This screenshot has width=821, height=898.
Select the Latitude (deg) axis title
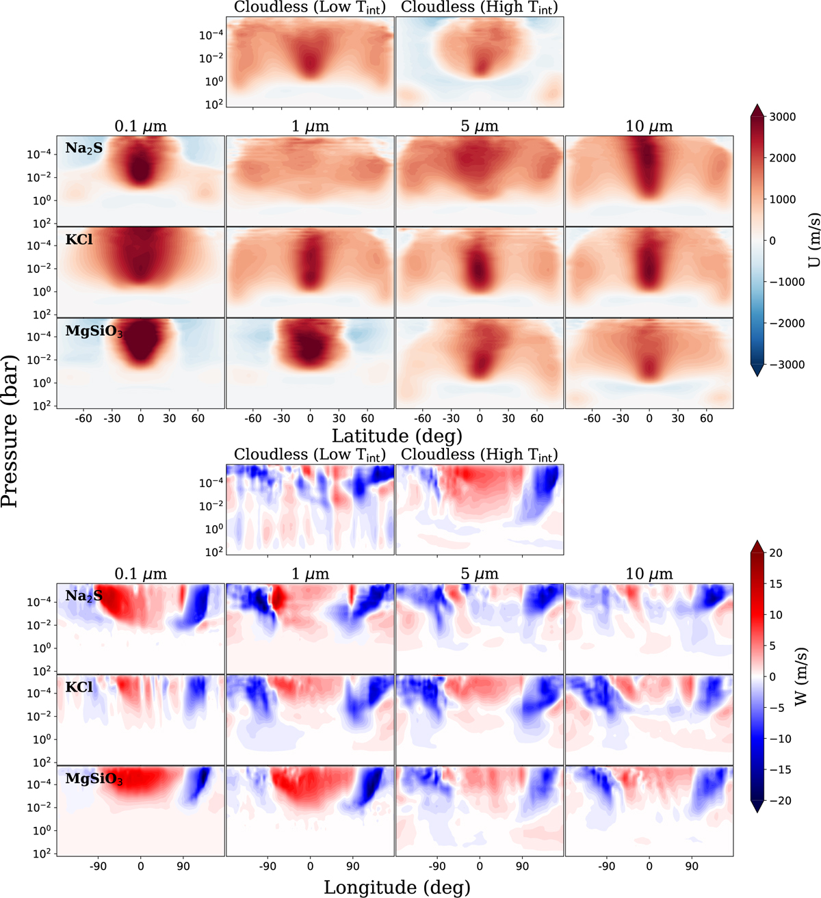point(397,435)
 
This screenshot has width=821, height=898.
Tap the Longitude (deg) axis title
point(397,887)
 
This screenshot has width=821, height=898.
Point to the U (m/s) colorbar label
point(813,240)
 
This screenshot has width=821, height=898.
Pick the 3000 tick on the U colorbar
point(782,117)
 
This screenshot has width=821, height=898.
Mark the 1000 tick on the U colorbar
point(782,200)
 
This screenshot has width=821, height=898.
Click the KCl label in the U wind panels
point(79,240)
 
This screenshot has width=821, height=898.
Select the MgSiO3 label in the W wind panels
point(94,779)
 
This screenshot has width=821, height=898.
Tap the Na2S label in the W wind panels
point(83,596)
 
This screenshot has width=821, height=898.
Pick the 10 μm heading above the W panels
point(649,574)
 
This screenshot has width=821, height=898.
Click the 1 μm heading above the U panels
point(310,127)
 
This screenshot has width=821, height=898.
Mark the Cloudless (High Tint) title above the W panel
point(479,455)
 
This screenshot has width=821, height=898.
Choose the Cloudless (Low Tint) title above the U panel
point(310,8)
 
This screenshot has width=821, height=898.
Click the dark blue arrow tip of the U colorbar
point(757,371)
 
